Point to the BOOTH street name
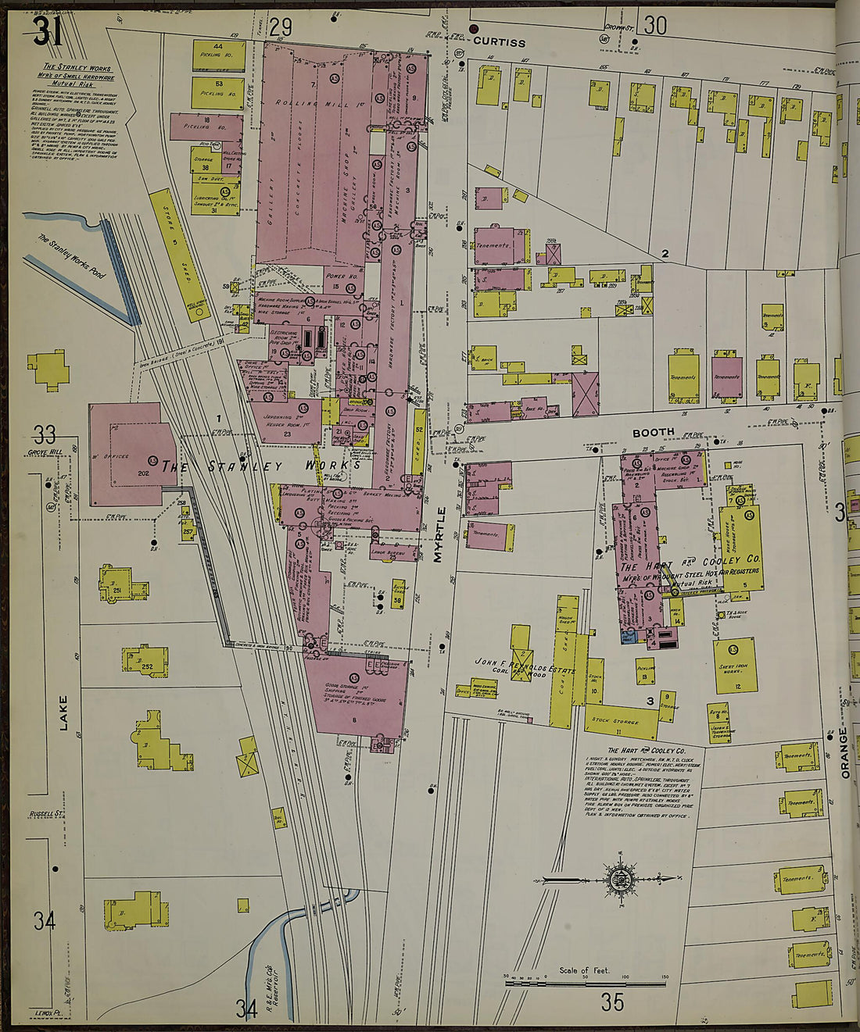pyautogui.click(x=653, y=433)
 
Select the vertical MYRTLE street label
pyautogui.click(x=439, y=534)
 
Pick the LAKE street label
pyautogui.click(x=63, y=712)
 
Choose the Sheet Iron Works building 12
pyautogui.click(x=735, y=665)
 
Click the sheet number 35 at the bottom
pyautogui.click(x=612, y=1001)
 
